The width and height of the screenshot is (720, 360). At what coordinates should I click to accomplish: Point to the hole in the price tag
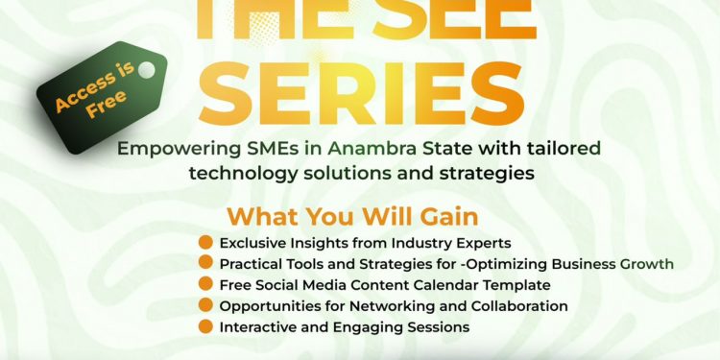[146, 70]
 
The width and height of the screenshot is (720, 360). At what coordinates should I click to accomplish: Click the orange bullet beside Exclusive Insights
[205, 242]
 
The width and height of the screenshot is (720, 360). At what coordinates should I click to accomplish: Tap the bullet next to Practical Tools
[205, 263]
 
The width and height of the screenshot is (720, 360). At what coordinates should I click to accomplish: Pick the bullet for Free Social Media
[205, 284]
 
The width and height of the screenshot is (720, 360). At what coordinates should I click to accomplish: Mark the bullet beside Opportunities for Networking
[205, 305]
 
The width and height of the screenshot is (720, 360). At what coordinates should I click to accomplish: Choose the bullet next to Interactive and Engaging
[205, 326]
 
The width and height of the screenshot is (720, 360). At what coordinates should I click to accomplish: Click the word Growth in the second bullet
[647, 263]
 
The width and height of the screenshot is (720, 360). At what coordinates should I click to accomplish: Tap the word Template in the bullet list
[518, 284]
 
